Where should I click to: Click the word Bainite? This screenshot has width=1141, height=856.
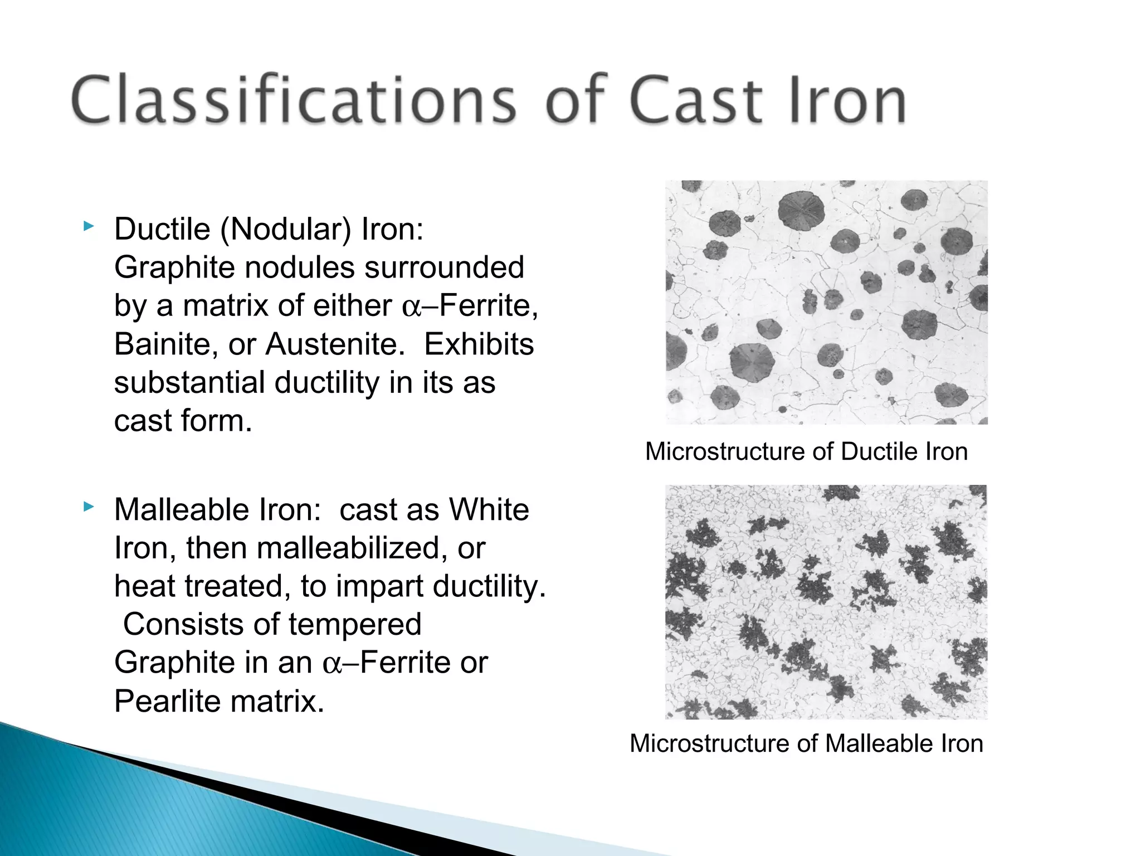coord(165,344)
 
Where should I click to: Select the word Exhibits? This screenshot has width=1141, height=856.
coord(479,344)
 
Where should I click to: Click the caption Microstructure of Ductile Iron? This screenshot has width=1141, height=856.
coord(806,451)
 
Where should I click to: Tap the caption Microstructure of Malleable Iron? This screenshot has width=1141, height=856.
coord(806,743)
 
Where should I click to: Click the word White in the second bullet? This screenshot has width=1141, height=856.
coord(489,510)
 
